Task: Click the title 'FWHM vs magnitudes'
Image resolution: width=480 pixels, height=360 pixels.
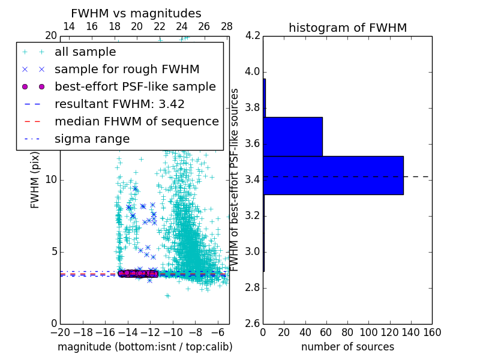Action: (x=136, y=14)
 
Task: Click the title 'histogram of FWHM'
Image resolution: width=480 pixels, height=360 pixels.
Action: (x=347, y=28)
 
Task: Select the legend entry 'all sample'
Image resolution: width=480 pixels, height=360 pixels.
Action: (x=85, y=52)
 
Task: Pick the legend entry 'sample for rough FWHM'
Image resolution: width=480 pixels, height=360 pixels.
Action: (x=127, y=70)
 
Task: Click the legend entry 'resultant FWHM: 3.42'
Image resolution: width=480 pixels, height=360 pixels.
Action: (x=119, y=104)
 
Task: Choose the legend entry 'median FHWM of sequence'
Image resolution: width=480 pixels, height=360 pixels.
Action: (x=137, y=121)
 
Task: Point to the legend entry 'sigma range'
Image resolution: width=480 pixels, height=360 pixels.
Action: (x=92, y=139)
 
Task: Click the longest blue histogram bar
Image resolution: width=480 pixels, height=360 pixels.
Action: (x=333, y=175)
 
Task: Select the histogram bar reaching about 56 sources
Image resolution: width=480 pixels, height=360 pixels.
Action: (x=293, y=137)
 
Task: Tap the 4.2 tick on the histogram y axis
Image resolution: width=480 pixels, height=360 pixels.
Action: (x=253, y=36)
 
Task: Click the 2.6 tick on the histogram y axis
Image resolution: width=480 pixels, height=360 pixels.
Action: (x=253, y=323)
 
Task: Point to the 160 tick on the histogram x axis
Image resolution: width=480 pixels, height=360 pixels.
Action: (x=432, y=332)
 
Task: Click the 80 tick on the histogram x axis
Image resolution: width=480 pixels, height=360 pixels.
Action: (x=347, y=332)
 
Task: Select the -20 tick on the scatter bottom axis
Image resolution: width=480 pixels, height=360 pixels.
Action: (x=60, y=332)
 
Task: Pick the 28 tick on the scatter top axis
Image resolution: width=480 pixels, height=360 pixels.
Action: (x=227, y=26)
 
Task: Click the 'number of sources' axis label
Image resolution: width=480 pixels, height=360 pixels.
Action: (x=347, y=347)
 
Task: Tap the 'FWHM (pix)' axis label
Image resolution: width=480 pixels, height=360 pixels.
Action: (x=35, y=180)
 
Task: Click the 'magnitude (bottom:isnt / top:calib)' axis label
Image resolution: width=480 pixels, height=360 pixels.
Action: (x=145, y=347)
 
